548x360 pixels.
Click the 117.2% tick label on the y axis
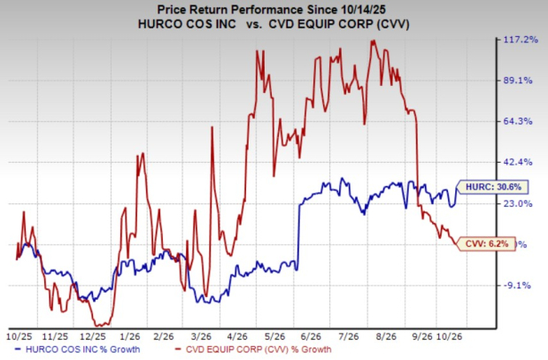[x=520, y=40]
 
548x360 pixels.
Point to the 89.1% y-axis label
[x=517, y=80]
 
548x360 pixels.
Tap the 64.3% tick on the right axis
[x=517, y=121]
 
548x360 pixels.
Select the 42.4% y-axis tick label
[x=517, y=163]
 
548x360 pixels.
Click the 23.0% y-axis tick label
[x=517, y=203]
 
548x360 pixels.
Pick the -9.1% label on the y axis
[x=517, y=286]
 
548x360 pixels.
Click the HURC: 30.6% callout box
[x=492, y=188]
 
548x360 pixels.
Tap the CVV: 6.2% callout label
[x=485, y=244]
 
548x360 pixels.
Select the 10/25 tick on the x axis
[x=19, y=337]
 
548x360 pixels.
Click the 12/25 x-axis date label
[x=93, y=337]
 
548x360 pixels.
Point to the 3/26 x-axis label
[x=202, y=337]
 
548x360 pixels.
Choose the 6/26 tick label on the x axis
[x=311, y=337]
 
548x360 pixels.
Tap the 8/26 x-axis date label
[x=386, y=337]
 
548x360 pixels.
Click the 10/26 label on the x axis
[x=450, y=337]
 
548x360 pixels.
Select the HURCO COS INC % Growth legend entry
[x=78, y=349]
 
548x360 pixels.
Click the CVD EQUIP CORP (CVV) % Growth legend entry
[x=253, y=349]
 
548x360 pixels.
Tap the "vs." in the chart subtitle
[x=252, y=25]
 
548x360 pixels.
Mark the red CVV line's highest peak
[x=373, y=41]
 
